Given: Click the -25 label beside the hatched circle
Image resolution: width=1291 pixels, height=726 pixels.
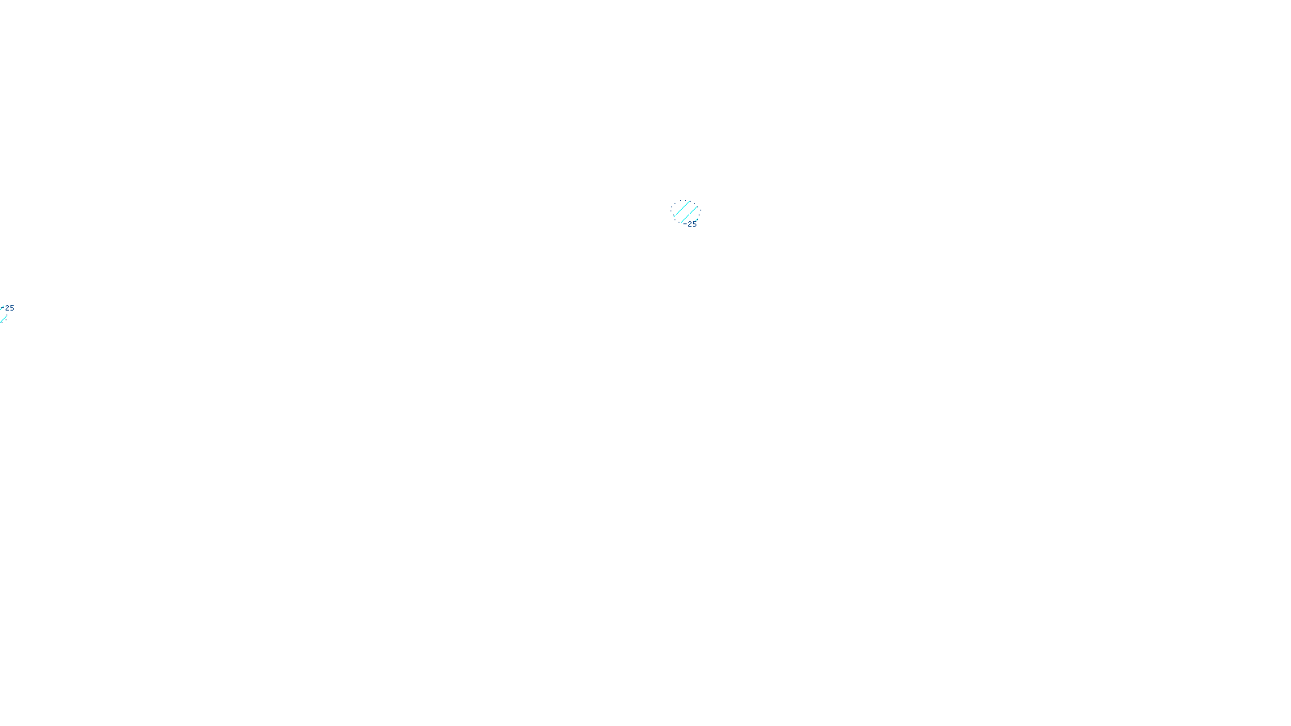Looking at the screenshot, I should point(691,224).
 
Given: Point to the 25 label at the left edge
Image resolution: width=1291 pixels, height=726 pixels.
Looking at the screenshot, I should point(10,308).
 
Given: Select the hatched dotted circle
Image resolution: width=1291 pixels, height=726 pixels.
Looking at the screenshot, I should point(686,213).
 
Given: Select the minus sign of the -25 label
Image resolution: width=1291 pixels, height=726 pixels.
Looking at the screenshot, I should point(686,224).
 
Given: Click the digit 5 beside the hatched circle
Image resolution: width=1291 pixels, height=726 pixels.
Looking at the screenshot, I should point(694,224).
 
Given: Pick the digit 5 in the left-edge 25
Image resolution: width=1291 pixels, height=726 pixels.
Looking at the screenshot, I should point(11,308).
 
